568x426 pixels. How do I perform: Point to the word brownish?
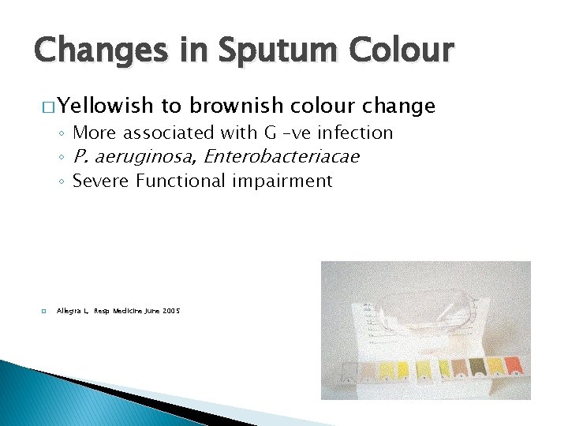pyautogui.click(x=235, y=106)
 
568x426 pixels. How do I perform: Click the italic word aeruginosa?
pyautogui.click(x=144, y=157)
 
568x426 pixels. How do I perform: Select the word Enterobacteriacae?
pyautogui.click(x=281, y=156)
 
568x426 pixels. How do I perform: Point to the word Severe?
pyautogui.click(x=100, y=181)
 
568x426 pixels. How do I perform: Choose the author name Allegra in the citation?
pyautogui.click(x=69, y=312)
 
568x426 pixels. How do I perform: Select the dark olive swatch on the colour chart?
pyautogui.click(x=477, y=366)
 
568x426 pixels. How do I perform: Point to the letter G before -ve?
pyautogui.click(x=269, y=133)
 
